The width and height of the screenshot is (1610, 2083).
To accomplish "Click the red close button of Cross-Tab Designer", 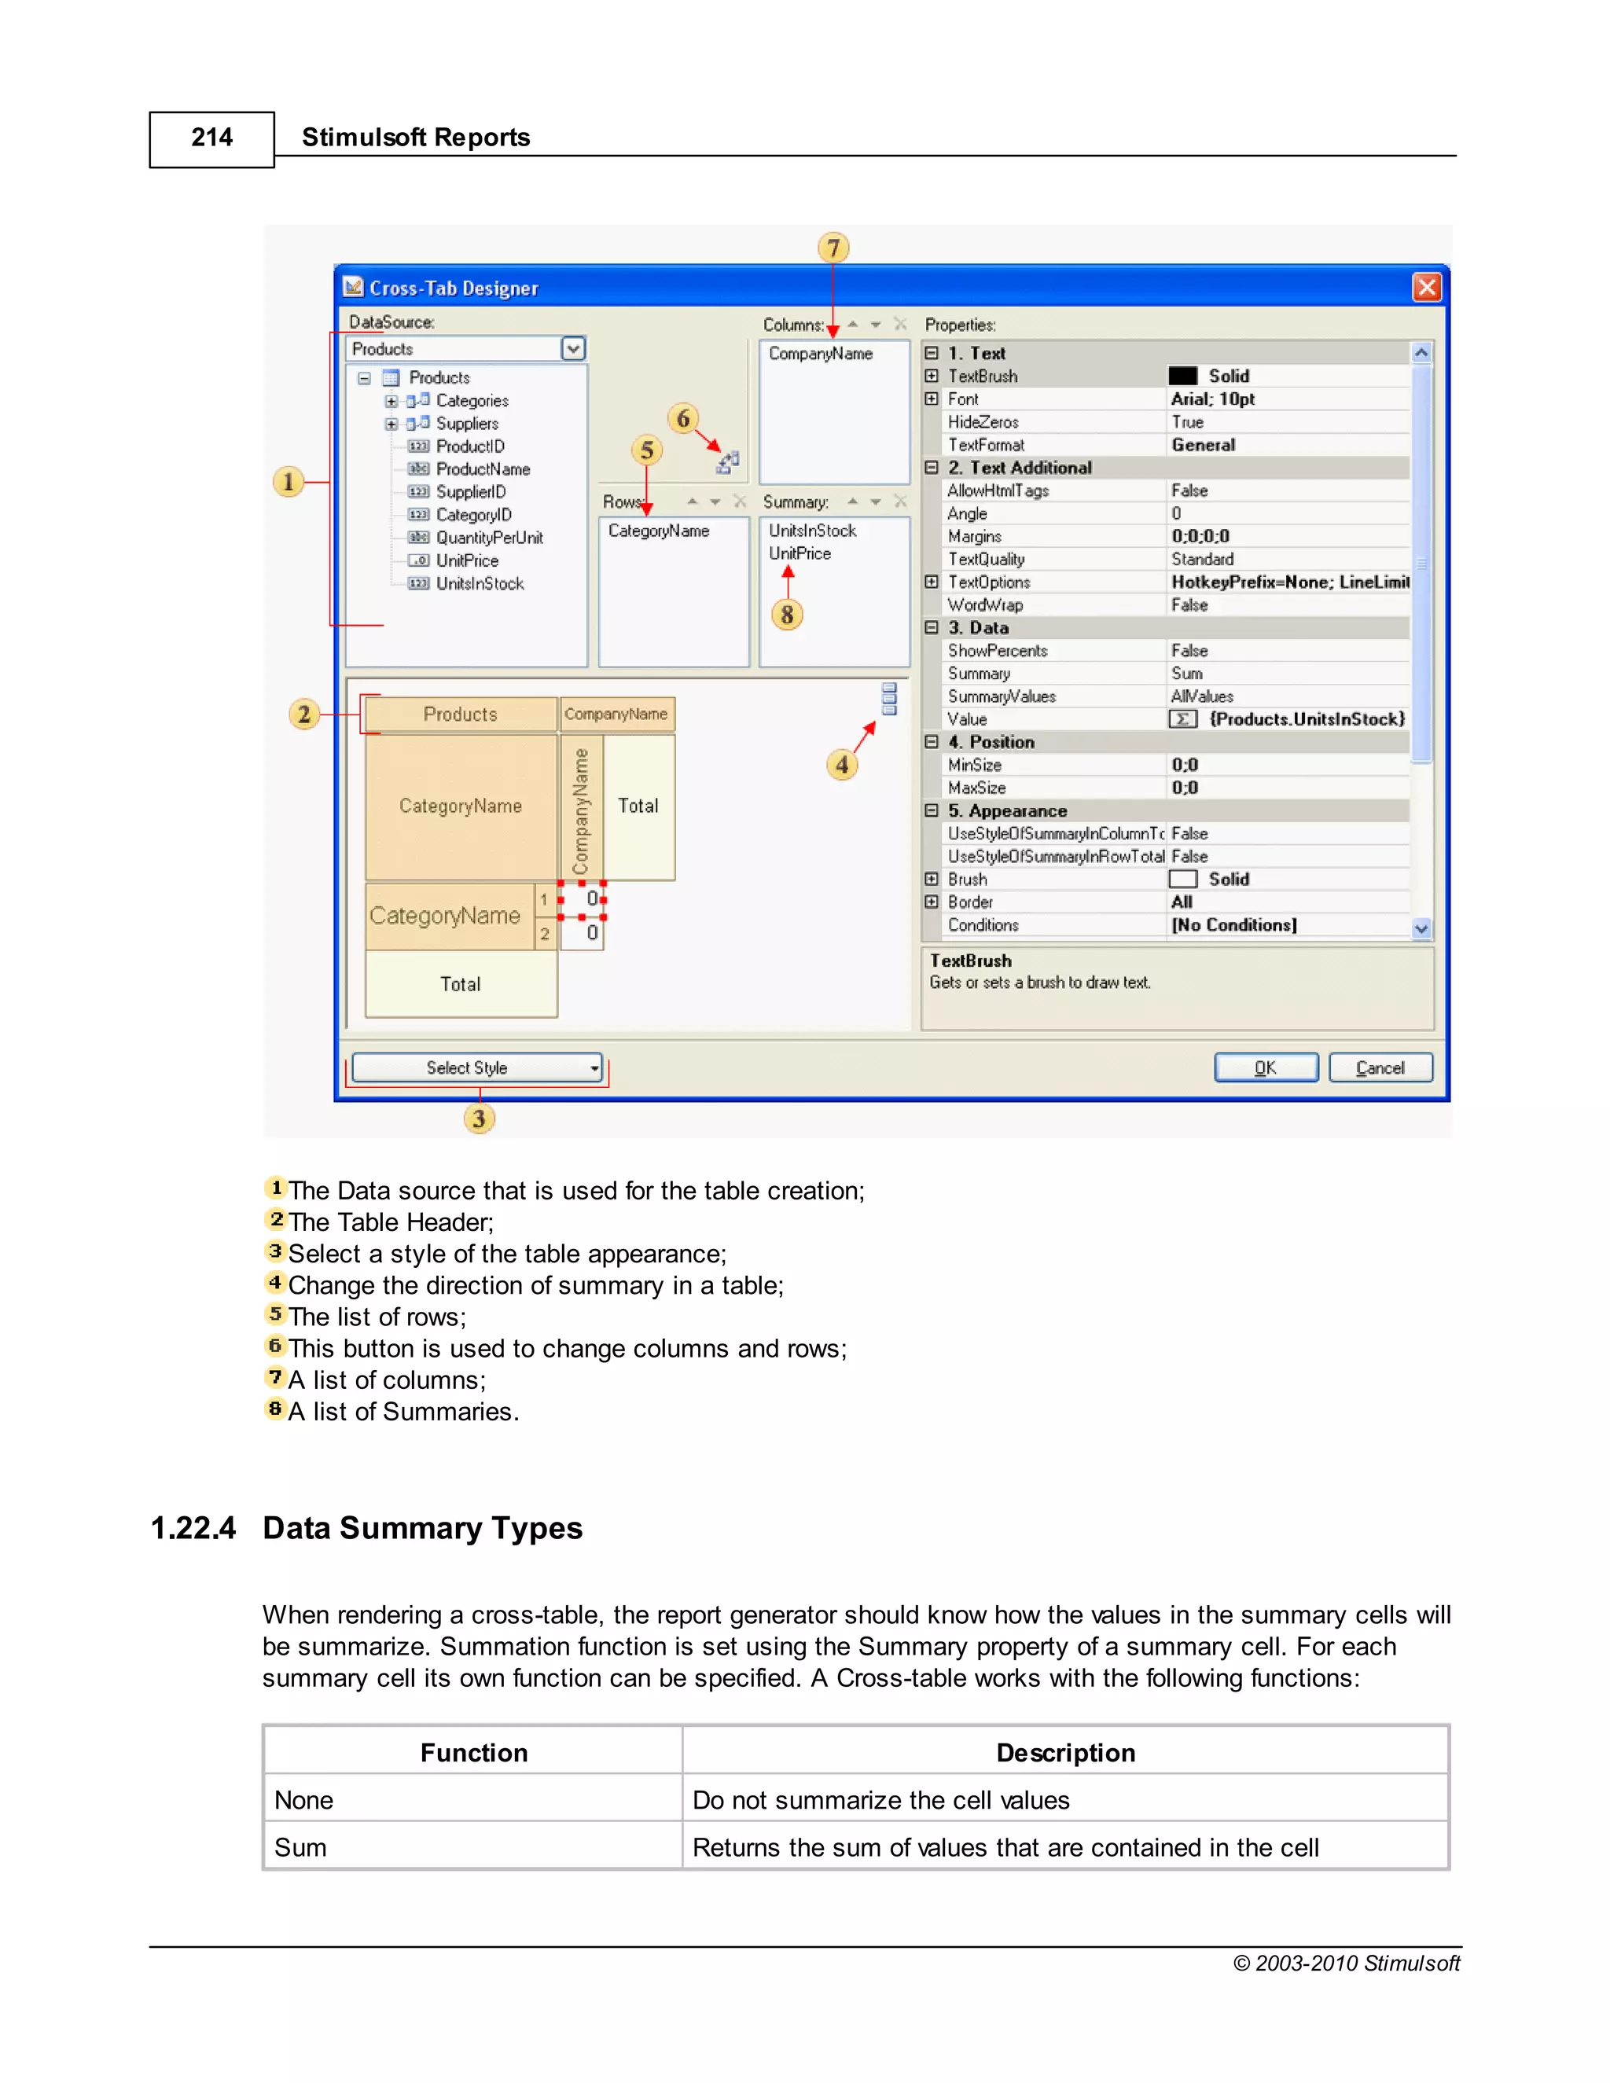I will tap(1426, 287).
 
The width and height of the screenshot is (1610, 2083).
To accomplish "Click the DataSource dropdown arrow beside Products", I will tap(572, 349).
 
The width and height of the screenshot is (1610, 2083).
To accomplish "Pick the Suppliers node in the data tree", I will tap(466, 424).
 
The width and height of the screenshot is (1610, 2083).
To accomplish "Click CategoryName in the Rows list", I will tap(658, 531).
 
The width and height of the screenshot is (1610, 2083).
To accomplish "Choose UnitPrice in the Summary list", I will tap(799, 553).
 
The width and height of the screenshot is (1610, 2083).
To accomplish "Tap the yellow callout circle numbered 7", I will tap(833, 248).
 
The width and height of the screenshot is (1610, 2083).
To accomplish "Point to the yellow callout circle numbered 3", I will tap(479, 1118).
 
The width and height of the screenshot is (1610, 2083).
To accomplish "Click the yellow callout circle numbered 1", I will tap(288, 482).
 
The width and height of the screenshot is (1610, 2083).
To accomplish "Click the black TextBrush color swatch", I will tap(1182, 376).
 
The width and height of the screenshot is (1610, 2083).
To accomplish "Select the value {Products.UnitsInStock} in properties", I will tap(1306, 719).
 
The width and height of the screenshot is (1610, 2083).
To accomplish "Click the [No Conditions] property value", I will tap(1233, 925).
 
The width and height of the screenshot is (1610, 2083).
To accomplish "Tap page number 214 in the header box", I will tap(211, 138).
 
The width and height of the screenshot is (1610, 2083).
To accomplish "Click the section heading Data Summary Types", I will tap(422, 1528).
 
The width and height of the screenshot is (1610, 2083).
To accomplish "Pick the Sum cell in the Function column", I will tap(300, 1847).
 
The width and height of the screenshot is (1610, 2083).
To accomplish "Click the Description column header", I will tap(1065, 1752).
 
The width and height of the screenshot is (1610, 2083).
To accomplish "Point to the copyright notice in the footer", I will tap(1346, 1963).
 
